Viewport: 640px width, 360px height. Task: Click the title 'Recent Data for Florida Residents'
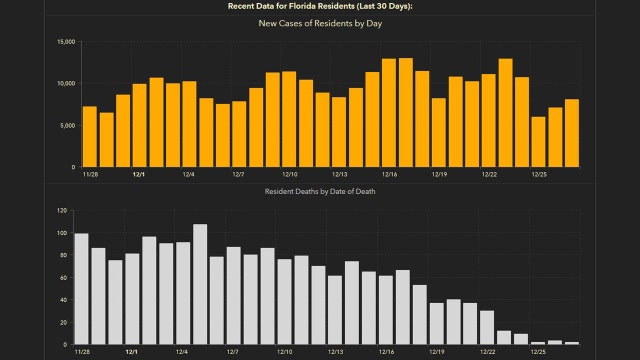click(x=320, y=6)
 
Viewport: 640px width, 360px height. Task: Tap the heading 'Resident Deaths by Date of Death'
click(x=319, y=191)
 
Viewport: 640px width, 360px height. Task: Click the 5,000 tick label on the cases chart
click(x=66, y=125)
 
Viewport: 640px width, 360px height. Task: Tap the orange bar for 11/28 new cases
click(x=90, y=136)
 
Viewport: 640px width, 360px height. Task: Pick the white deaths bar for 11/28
click(x=82, y=289)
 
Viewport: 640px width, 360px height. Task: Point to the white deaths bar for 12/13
click(x=335, y=310)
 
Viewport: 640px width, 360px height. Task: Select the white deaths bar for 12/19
click(x=437, y=324)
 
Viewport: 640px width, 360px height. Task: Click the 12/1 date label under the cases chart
click(x=139, y=174)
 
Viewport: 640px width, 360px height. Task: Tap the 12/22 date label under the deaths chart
click(x=488, y=352)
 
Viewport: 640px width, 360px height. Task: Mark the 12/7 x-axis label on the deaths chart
click(x=233, y=352)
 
